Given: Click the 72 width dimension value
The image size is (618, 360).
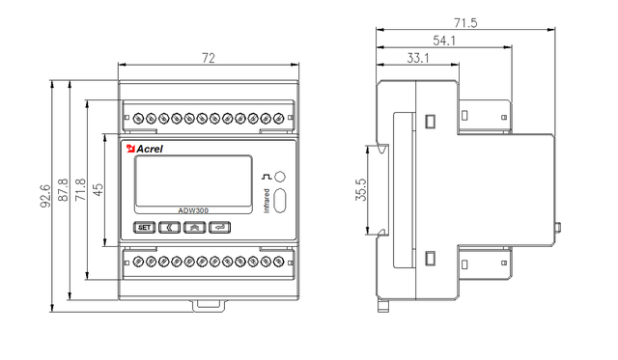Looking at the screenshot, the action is [x=209, y=58].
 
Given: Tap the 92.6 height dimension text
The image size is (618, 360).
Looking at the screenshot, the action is [x=46, y=196].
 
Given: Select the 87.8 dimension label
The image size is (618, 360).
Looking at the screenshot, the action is [x=64, y=190].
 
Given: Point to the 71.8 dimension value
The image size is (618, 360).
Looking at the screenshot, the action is [x=81, y=190].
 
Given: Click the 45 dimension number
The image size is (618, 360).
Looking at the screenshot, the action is [x=98, y=189].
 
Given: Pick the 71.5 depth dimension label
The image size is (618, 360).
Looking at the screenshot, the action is [x=465, y=23].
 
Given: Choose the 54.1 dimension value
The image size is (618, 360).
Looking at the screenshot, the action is [x=444, y=41].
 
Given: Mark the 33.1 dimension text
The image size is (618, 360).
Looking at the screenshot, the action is [x=418, y=58].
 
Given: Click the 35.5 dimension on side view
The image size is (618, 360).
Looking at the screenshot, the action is [x=361, y=190].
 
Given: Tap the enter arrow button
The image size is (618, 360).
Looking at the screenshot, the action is [x=220, y=227].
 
